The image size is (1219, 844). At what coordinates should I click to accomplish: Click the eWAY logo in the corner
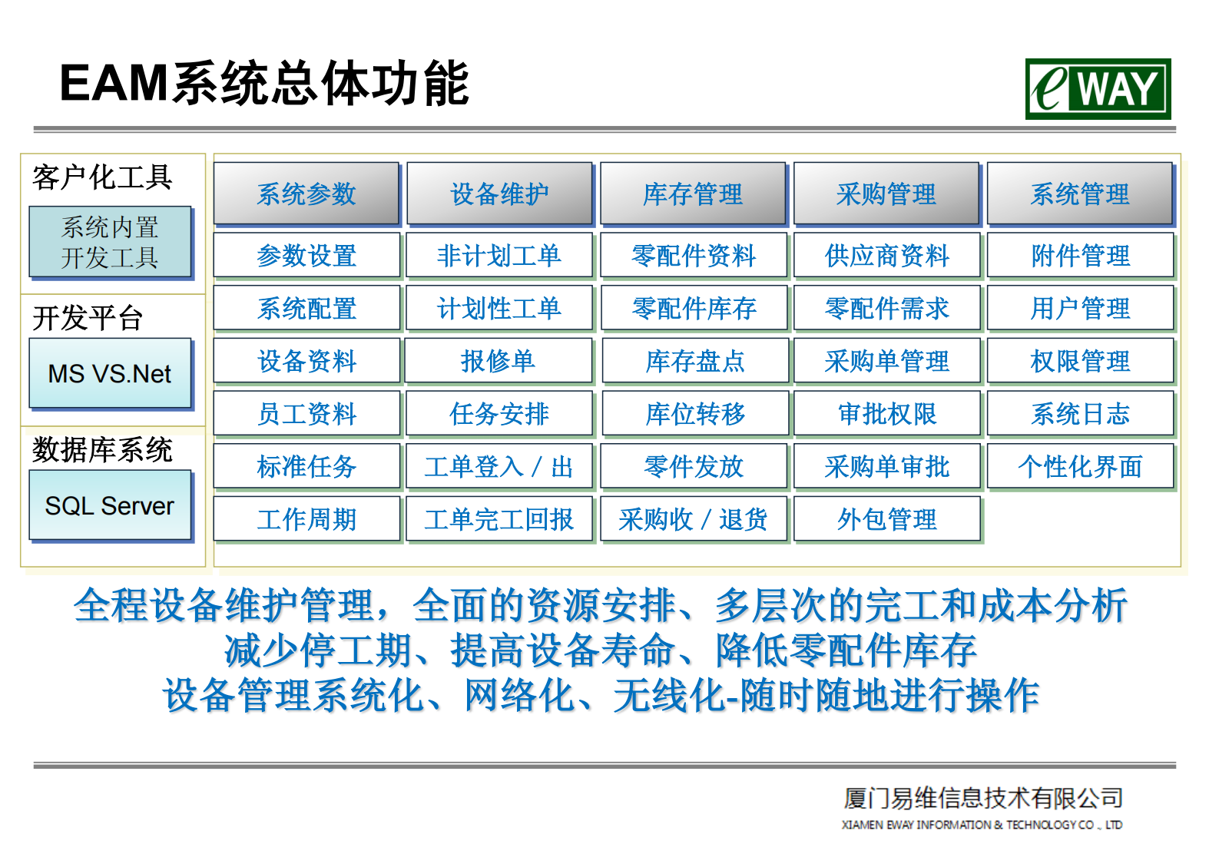point(1097,89)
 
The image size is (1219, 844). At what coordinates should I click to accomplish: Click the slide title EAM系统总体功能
point(263,83)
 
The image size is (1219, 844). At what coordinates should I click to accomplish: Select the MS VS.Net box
point(110,373)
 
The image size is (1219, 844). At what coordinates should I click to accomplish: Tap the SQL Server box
point(110,505)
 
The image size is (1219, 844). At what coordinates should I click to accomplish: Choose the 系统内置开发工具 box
point(110,242)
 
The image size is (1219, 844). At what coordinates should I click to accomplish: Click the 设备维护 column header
point(499,194)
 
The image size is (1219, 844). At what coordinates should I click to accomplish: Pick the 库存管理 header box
point(693,194)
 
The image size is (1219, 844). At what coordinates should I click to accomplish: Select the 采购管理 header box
point(886,194)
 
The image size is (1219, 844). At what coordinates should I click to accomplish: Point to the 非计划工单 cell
point(499,255)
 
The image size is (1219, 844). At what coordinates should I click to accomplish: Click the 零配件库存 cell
point(694,308)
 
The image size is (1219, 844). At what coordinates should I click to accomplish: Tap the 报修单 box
point(499,361)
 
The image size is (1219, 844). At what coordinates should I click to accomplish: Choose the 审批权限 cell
point(887,414)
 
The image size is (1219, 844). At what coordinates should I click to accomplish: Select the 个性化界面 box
point(1080,466)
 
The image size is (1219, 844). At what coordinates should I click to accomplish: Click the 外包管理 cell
point(887,519)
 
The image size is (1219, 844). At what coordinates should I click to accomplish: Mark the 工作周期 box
point(306,519)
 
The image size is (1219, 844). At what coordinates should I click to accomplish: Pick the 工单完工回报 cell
point(499,519)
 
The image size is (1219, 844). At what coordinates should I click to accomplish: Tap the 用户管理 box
point(1080,308)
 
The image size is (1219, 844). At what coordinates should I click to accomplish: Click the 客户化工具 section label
point(102,177)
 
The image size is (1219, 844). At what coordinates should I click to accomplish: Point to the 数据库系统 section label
point(102,449)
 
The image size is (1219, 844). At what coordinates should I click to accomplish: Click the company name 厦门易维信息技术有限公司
point(982,799)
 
